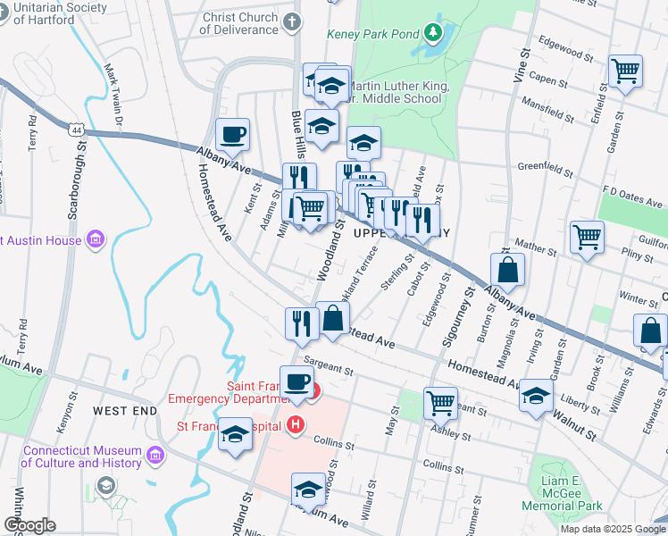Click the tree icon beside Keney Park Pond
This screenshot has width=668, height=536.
(x=434, y=34)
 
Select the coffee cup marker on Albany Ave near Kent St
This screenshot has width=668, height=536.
(x=233, y=135)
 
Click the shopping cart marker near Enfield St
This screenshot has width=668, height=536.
(x=625, y=71)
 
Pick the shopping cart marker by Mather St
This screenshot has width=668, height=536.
(x=588, y=238)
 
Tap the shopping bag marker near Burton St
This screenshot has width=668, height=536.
(x=507, y=269)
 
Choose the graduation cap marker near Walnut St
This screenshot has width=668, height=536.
(x=536, y=395)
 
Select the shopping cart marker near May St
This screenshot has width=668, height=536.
(x=440, y=402)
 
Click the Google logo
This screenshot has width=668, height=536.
(x=29, y=525)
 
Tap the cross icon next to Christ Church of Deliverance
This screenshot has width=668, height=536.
(x=292, y=21)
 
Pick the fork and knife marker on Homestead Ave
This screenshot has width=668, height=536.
(x=301, y=322)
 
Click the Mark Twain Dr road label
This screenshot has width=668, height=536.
(x=113, y=84)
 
